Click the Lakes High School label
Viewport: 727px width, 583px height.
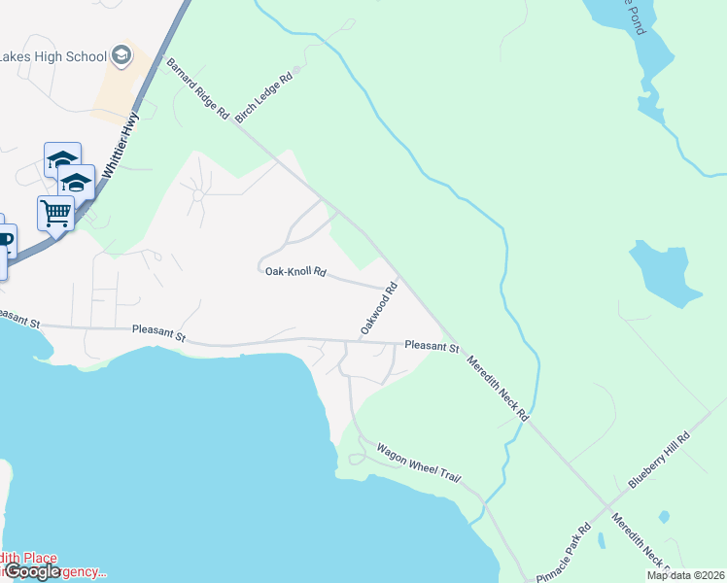pos(53,56)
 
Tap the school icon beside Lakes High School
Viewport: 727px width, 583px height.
pos(121,55)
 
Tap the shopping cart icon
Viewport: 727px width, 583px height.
pos(55,211)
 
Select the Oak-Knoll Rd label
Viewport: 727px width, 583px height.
pos(294,272)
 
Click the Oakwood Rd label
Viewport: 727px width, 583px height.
pos(380,309)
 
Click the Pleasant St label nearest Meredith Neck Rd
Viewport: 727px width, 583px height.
pos(431,345)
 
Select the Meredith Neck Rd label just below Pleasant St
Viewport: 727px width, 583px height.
pos(497,387)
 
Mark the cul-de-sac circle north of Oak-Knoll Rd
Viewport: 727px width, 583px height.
pos(197,194)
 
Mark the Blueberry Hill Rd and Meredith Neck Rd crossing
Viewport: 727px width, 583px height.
pos(608,507)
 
